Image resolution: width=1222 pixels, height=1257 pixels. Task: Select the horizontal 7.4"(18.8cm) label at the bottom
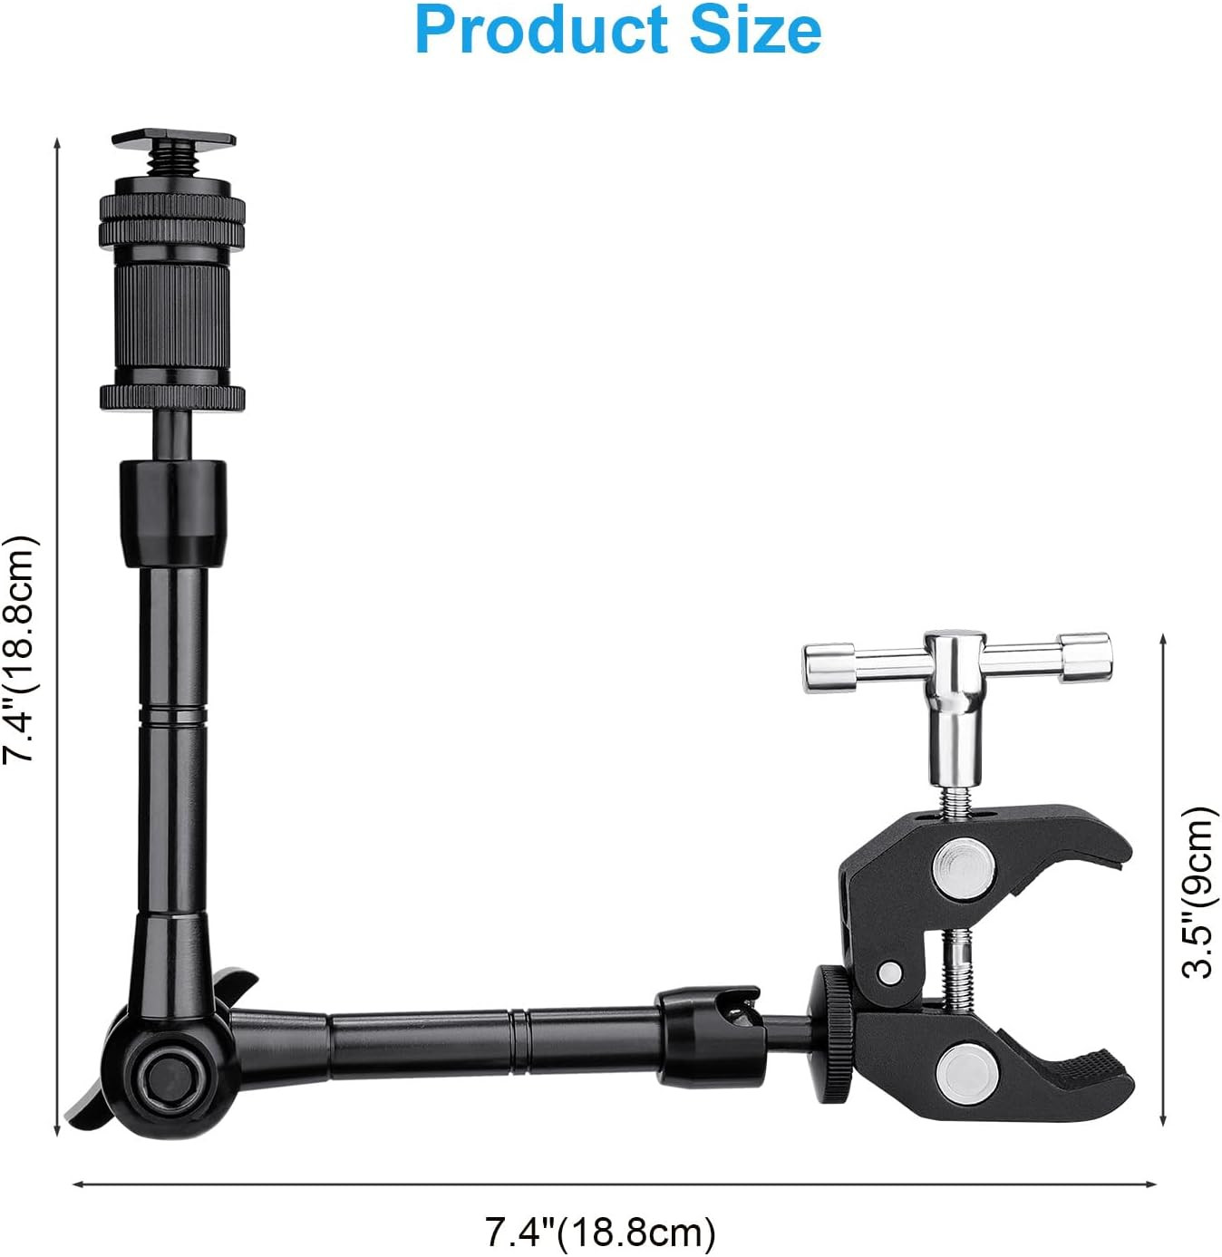point(600,1232)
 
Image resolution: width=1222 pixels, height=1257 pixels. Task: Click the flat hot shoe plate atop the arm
point(173,140)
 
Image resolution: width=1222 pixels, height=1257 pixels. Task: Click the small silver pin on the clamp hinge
point(891,973)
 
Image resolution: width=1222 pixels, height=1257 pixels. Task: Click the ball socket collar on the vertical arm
point(172,513)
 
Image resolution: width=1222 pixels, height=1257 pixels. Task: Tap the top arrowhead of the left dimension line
point(57,145)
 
